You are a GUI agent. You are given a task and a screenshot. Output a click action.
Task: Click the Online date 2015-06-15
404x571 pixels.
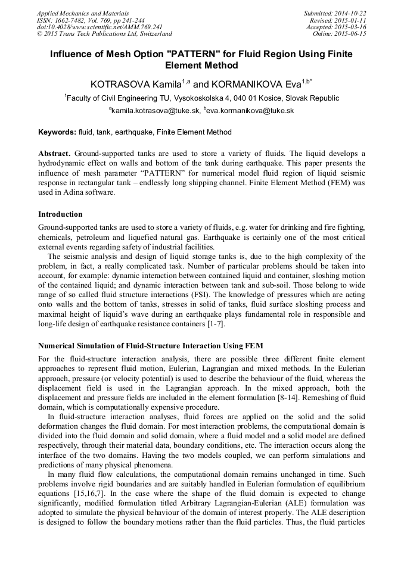(x=340, y=34)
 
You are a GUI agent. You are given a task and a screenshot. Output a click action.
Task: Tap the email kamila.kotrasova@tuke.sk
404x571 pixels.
(x=156, y=111)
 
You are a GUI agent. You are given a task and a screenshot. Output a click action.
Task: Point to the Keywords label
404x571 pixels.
(x=57, y=132)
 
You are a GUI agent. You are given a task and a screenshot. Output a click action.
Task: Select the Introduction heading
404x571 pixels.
(x=60, y=214)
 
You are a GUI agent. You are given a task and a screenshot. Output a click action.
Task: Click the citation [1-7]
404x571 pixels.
(x=213, y=324)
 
